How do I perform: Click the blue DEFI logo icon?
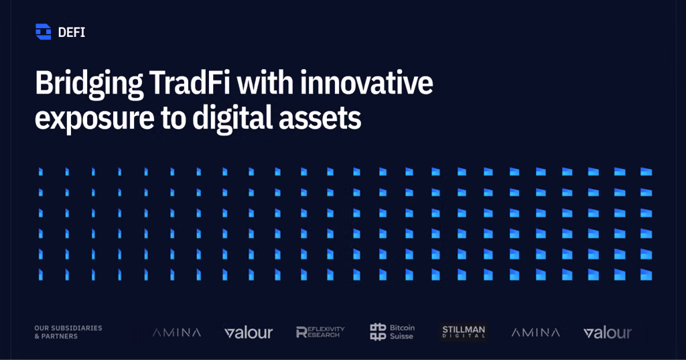[44, 32]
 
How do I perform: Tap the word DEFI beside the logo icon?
[71, 32]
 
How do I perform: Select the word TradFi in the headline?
[190, 82]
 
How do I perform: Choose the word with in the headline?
[265, 82]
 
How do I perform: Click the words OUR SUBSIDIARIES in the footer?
[68, 328]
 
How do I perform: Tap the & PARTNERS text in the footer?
[56, 337]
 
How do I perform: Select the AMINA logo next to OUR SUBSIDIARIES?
[177, 333]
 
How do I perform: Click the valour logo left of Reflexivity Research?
[249, 333]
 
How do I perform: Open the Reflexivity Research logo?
[320, 333]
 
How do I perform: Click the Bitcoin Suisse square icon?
[378, 332]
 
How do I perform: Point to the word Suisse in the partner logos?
[402, 337]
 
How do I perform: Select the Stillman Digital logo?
[464, 332]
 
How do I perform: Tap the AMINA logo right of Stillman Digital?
[536, 333]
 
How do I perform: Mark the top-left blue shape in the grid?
[41, 172]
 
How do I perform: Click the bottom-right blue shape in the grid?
[646, 275]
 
